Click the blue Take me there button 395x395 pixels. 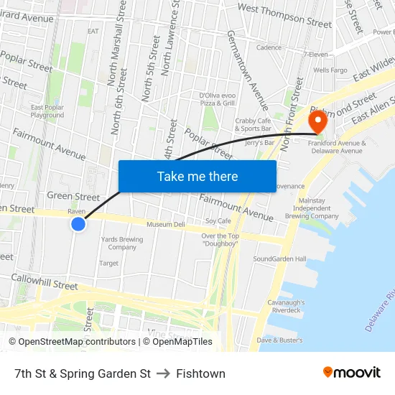click(197, 176)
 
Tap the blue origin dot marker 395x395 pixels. click(78, 225)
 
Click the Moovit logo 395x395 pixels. click(352, 373)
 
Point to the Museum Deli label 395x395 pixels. click(165, 225)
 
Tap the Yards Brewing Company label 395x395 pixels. click(122, 243)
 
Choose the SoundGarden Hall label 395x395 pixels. click(279, 259)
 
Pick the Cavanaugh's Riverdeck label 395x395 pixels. click(286, 307)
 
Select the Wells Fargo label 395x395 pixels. click(330, 70)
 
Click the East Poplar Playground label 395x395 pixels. click(47, 111)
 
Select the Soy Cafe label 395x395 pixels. click(218, 221)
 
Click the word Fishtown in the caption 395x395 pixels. click(200, 373)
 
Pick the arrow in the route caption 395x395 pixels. click(163, 373)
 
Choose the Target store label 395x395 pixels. click(108, 264)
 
